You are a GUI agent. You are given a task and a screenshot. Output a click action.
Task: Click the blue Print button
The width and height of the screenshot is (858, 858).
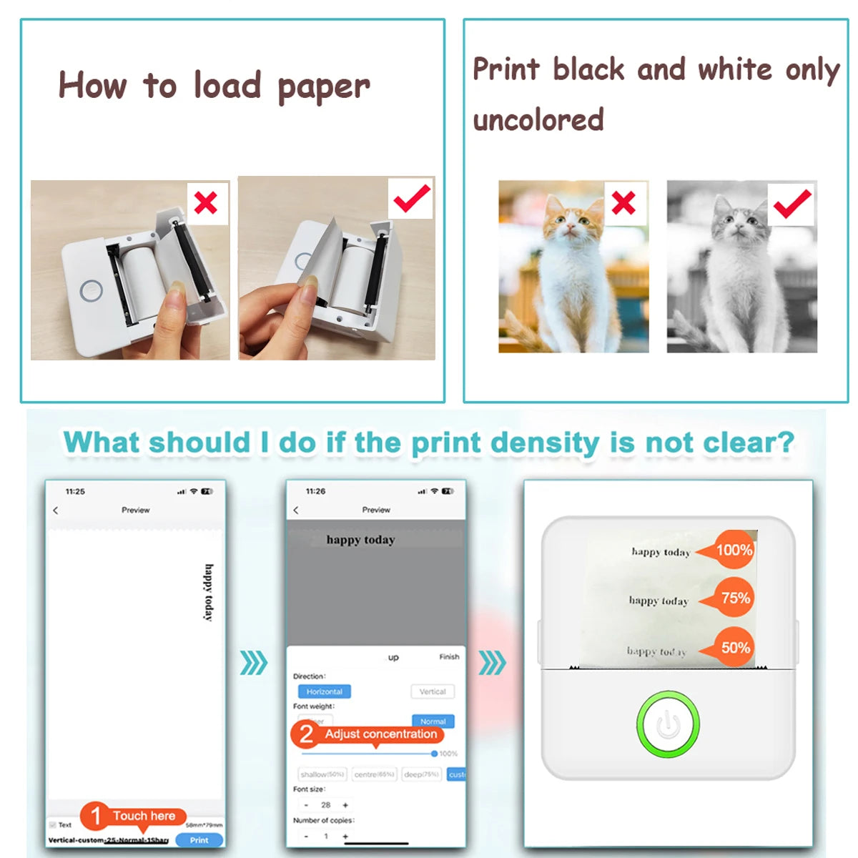coord(199,840)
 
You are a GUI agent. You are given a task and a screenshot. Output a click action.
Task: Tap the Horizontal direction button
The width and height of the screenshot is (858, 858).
coord(324,691)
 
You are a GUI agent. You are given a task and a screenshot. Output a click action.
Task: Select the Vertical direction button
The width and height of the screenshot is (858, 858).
coord(433,691)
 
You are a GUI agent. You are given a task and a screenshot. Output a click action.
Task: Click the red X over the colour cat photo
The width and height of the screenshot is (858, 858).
coord(623,203)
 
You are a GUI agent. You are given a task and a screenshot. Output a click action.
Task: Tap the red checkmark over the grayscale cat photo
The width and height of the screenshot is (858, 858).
coord(792,203)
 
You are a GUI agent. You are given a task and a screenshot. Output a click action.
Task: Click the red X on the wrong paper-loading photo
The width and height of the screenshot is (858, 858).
coord(206,203)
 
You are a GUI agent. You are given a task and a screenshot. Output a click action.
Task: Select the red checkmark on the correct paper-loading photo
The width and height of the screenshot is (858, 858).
coord(411,198)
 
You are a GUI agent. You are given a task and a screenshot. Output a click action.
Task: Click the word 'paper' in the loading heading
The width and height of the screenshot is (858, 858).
coord(323,87)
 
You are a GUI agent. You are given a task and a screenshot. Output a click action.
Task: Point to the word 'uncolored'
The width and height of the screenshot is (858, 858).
coord(538,119)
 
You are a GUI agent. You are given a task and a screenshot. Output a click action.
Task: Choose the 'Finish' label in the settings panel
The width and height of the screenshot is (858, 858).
coord(449,656)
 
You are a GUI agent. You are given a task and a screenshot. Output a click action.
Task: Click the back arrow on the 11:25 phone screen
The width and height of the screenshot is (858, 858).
coord(56,511)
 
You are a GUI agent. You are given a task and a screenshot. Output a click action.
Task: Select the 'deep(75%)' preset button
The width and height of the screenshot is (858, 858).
coord(421,774)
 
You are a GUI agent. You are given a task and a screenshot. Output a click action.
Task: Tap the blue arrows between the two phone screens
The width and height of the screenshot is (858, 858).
coord(253,663)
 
